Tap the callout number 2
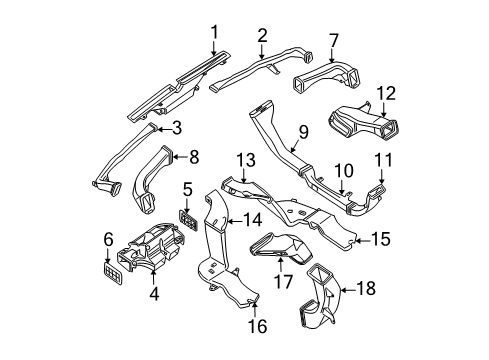pos(262,36)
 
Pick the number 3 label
pos(176,127)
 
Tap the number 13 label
pos(246,161)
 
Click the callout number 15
pos(379,239)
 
